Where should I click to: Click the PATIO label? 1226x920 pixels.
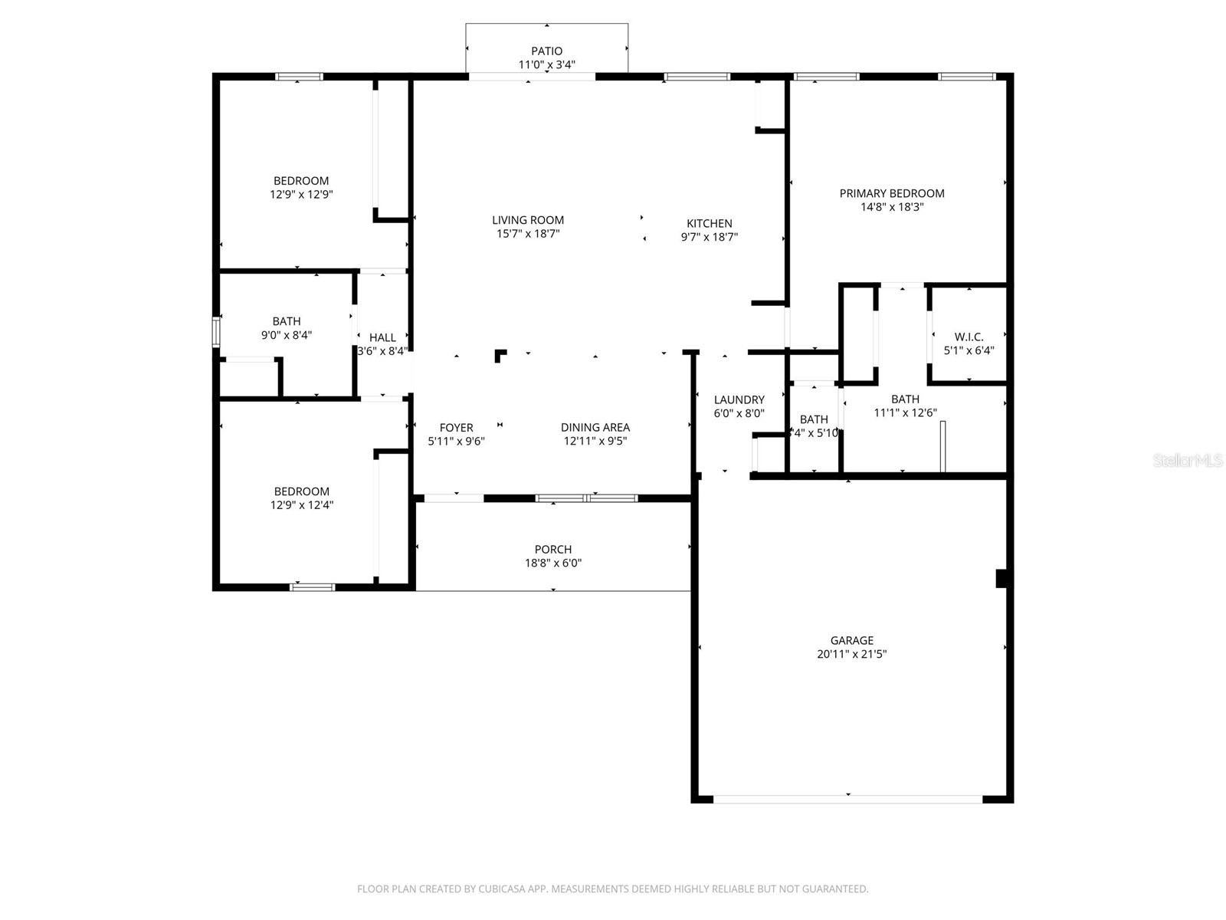click(546, 51)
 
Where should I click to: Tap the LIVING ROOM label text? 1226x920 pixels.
click(528, 220)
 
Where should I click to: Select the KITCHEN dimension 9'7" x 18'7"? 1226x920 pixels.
click(709, 237)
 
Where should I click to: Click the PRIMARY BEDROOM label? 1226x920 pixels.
click(891, 193)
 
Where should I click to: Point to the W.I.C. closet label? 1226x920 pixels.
click(969, 337)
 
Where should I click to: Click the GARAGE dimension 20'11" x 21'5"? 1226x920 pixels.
click(851, 654)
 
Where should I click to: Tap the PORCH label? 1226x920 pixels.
click(552, 549)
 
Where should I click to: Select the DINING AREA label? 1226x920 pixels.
click(595, 427)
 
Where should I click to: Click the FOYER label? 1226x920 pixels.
click(456, 427)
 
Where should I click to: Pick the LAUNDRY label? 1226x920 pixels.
click(739, 399)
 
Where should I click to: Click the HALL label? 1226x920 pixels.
click(382, 337)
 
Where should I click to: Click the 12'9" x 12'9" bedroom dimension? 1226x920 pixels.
click(301, 195)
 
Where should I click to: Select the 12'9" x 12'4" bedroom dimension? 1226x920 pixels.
click(301, 505)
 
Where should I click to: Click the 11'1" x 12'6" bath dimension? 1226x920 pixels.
click(905, 412)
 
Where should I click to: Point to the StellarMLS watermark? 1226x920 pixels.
click(1188, 460)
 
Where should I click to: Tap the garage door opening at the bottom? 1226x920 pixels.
click(847, 799)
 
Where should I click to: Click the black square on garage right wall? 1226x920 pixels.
click(1001, 578)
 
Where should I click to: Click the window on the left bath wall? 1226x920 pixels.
click(216, 333)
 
